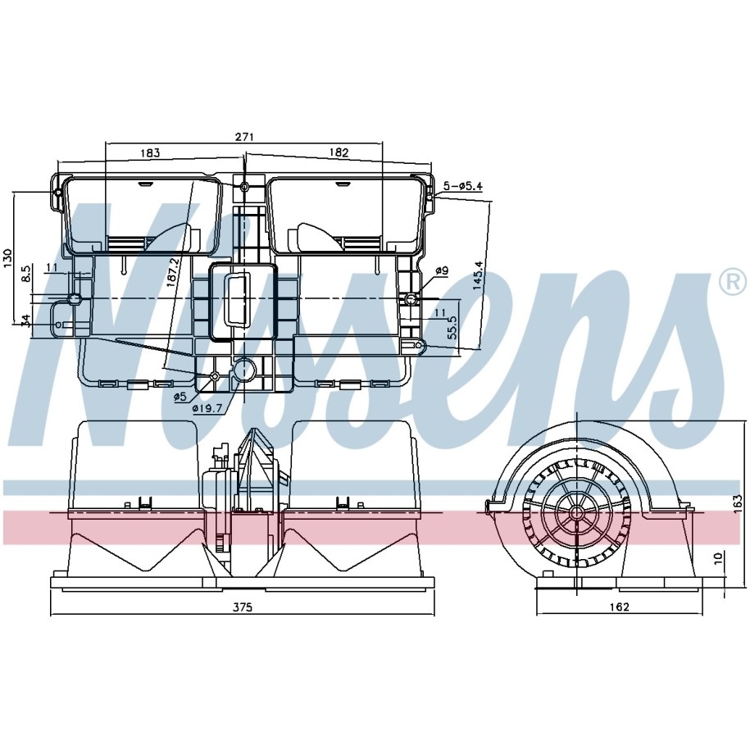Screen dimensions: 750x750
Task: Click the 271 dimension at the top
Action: click(x=243, y=137)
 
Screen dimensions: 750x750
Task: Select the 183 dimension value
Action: click(x=150, y=152)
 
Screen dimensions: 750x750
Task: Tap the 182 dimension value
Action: click(x=339, y=152)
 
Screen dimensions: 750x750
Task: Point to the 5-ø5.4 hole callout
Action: click(x=462, y=185)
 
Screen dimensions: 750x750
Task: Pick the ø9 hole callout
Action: click(x=442, y=270)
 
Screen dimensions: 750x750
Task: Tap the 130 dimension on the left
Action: click(x=7, y=258)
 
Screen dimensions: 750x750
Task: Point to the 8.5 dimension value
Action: click(x=26, y=274)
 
